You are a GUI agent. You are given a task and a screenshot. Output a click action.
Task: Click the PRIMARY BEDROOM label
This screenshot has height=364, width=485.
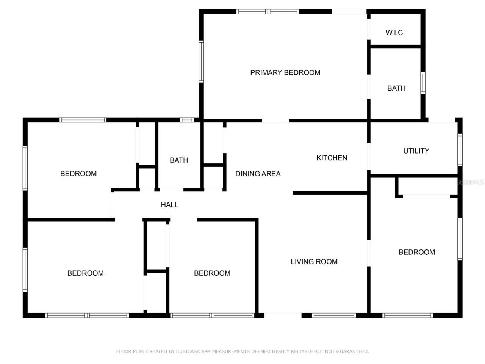tap(285, 72)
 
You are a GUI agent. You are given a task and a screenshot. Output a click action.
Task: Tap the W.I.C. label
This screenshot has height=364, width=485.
tap(395, 33)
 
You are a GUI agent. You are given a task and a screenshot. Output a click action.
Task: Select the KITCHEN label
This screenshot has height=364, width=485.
tap(332, 158)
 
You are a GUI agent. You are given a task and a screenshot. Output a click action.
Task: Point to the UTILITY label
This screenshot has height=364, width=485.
tap(416, 151)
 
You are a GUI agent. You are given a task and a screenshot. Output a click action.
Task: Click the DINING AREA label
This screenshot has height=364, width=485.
tap(258, 174)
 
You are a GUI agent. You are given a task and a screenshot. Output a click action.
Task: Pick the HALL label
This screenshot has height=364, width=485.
tap(169, 205)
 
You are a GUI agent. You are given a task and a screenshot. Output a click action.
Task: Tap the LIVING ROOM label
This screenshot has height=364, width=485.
tap(314, 262)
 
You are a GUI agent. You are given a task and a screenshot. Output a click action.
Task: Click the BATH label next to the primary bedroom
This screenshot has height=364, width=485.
tap(396, 88)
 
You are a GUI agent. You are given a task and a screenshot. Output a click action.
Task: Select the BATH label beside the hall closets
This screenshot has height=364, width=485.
tap(179, 160)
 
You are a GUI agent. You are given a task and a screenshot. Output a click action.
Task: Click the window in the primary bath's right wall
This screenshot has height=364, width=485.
tap(422, 83)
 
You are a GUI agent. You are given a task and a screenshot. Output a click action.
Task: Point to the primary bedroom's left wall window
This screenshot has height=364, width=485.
tap(201, 62)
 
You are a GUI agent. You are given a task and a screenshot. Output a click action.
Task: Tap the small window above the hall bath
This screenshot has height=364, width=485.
tap(187, 120)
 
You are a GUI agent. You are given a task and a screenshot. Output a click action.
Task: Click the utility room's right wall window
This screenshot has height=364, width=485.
tap(460, 150)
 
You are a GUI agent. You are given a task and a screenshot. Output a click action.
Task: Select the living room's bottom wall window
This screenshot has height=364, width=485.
tap(334, 315)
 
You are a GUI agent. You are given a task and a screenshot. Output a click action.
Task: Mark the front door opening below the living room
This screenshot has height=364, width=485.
tap(283, 315)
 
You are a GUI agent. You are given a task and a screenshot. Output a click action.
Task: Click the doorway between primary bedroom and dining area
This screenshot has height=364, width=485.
tap(275, 121)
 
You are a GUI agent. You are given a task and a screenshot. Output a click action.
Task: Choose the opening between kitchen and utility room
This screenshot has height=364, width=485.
tap(369, 157)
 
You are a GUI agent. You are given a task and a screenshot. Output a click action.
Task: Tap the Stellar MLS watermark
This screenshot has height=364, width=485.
tap(470, 182)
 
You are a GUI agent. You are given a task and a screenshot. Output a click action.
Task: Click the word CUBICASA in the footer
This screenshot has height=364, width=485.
tap(188, 351)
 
